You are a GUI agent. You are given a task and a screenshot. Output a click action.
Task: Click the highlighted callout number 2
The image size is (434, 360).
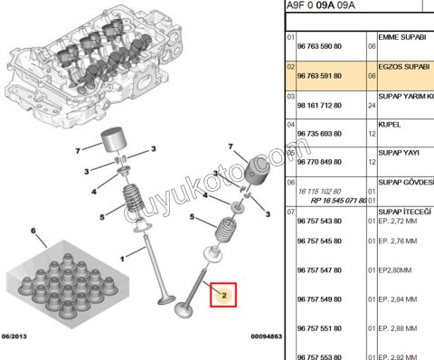[222, 293]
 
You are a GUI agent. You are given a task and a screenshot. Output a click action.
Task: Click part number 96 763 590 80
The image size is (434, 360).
[323, 44]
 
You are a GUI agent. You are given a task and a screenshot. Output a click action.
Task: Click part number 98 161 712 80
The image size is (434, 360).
[323, 106]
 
